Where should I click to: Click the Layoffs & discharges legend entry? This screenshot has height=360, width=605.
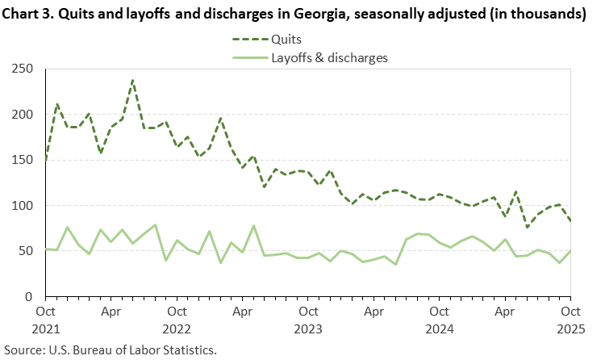click(x=329, y=57)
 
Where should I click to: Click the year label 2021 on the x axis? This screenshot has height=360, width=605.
click(x=46, y=329)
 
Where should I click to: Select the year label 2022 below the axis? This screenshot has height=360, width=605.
click(x=177, y=329)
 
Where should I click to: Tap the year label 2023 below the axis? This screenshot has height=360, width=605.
click(x=308, y=329)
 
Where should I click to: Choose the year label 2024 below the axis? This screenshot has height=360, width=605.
click(x=440, y=329)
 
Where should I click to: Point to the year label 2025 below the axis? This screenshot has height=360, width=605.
click(x=570, y=329)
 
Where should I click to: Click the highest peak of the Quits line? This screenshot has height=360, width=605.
click(x=133, y=80)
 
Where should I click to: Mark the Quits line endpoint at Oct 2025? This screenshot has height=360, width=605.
click(x=570, y=221)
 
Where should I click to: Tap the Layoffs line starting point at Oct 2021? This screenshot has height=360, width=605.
click(x=46, y=249)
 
